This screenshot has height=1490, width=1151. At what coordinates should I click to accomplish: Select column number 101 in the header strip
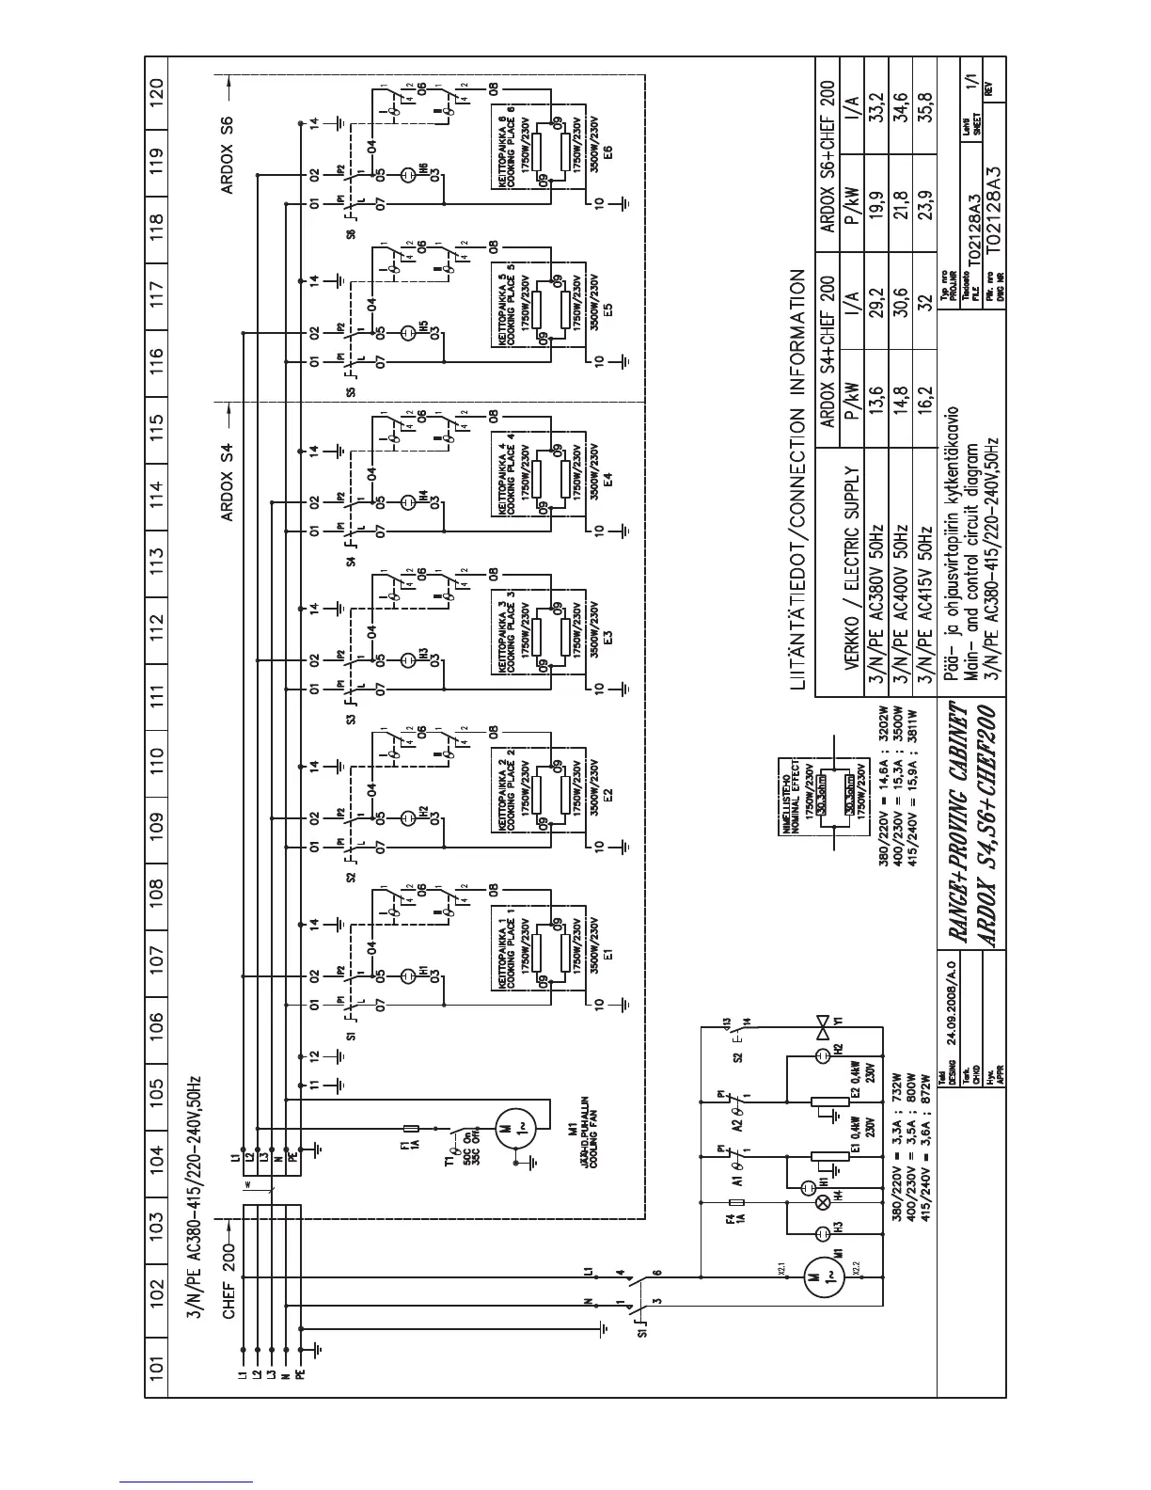click(158, 1365)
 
